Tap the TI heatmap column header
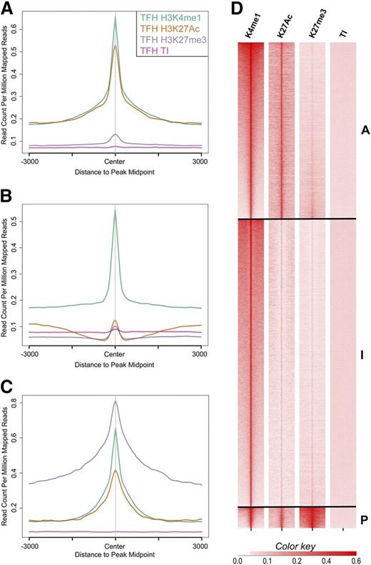(342, 32)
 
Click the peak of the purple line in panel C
(116, 401)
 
